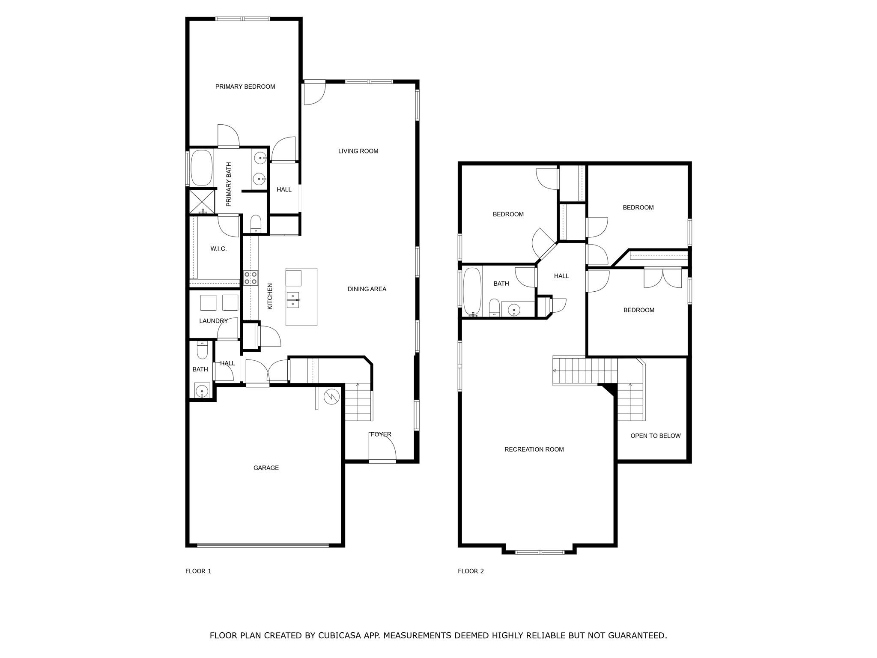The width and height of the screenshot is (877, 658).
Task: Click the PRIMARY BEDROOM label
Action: coord(245,87)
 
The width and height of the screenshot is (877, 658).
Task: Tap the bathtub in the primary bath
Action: coord(201,167)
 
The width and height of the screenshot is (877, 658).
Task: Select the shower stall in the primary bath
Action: coord(202,201)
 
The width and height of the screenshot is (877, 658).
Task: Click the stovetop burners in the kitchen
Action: coord(251,278)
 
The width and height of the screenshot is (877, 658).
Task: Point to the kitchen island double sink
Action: coord(293,299)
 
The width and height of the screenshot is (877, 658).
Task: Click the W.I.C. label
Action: coord(218,249)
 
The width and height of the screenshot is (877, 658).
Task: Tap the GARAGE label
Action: coord(266,468)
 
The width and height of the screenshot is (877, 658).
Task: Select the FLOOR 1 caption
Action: coord(198,571)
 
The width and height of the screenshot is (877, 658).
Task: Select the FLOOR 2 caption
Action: coord(471,571)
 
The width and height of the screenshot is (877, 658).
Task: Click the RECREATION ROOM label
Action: coord(534,449)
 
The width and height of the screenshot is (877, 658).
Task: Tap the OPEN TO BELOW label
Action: coord(655,436)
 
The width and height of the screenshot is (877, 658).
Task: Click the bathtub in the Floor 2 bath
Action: coord(472,292)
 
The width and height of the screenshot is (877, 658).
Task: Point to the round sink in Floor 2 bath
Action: coord(513,309)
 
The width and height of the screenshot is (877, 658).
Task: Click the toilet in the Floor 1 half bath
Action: coord(202,351)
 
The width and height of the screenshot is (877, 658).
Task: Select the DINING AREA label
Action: coord(367,289)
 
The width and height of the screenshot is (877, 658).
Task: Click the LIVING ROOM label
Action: coord(358,151)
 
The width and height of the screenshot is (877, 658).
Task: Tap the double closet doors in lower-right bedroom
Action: coord(663,278)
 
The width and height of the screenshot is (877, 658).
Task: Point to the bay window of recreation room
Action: coord(540,552)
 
